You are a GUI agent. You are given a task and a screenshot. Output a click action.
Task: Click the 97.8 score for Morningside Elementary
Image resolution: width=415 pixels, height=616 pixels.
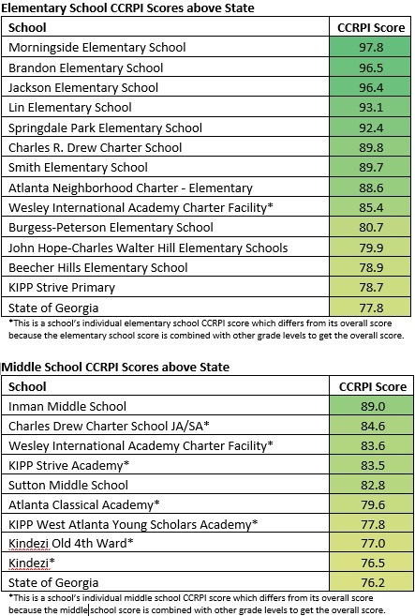(x=371, y=47)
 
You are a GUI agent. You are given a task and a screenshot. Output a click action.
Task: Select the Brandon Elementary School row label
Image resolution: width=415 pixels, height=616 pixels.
(x=85, y=68)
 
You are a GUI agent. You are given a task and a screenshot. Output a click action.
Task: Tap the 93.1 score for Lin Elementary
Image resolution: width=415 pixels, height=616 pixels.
(x=371, y=107)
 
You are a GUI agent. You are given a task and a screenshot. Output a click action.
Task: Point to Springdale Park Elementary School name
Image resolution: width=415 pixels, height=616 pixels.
(x=105, y=128)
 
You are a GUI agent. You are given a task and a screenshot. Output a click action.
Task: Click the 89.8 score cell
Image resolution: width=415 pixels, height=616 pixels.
(x=371, y=147)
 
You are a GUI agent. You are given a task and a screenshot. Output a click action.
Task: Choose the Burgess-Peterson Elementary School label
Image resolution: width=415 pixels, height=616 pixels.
(x=111, y=228)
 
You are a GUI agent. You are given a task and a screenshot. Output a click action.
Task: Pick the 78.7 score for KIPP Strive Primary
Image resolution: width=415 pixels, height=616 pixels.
(x=371, y=287)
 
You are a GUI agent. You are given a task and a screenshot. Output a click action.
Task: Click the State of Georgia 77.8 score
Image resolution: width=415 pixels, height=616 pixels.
(x=371, y=308)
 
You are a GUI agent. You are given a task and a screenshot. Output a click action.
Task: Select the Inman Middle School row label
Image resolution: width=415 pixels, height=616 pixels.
(x=67, y=406)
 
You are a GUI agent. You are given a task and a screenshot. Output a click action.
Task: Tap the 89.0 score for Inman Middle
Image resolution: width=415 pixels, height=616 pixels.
(x=373, y=406)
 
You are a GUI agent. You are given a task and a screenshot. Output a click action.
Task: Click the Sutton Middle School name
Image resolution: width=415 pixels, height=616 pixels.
(x=68, y=485)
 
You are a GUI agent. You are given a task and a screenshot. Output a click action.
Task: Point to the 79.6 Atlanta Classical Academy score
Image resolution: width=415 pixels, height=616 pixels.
(x=373, y=504)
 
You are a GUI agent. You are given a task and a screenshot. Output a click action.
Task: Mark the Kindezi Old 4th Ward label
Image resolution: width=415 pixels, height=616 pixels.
(x=71, y=543)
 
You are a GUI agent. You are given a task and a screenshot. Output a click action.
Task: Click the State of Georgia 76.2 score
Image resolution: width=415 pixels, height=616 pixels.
(x=373, y=582)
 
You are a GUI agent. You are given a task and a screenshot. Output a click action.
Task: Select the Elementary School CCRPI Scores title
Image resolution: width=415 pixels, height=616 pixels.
(x=127, y=8)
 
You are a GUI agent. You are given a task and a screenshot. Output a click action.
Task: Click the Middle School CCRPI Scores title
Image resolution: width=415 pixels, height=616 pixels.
(x=116, y=367)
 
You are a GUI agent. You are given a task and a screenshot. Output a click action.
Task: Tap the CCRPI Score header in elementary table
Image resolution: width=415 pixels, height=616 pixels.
(x=371, y=27)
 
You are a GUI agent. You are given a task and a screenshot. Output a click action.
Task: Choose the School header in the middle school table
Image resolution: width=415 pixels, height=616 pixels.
(x=27, y=386)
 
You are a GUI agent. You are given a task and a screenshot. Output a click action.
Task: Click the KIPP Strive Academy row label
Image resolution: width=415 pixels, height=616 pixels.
(x=68, y=465)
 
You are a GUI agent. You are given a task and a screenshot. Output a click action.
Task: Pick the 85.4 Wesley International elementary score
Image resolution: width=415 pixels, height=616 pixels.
(x=371, y=207)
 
